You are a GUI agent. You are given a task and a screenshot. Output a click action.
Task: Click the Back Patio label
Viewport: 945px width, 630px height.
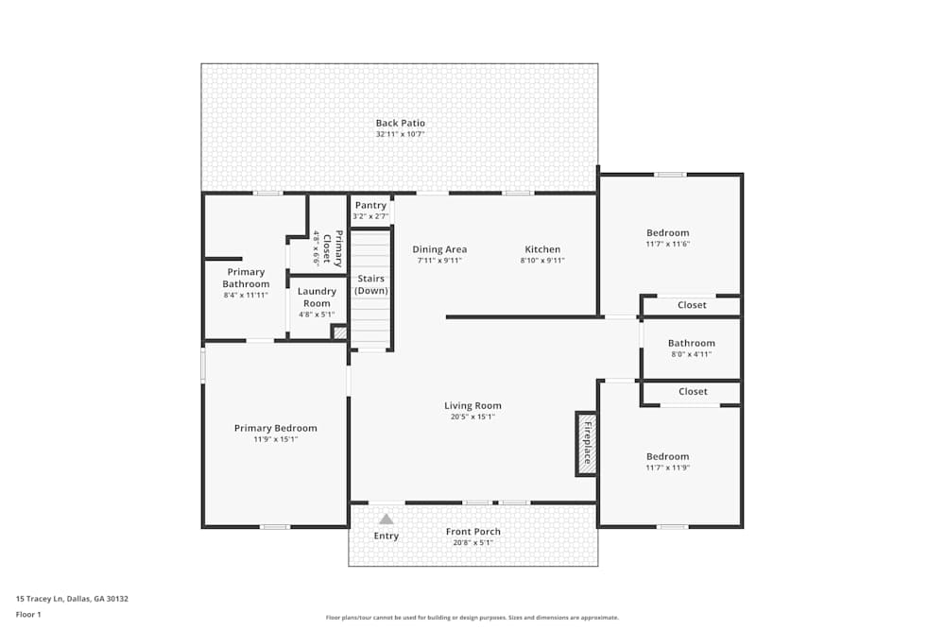point(400,123)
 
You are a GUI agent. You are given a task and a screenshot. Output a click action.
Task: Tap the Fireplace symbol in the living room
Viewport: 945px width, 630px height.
point(586,443)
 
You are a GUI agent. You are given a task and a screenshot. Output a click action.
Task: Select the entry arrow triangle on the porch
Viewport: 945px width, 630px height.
point(386,519)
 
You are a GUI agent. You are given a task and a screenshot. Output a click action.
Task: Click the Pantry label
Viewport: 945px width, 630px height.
point(370,205)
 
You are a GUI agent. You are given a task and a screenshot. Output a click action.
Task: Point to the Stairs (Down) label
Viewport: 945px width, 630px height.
point(370,284)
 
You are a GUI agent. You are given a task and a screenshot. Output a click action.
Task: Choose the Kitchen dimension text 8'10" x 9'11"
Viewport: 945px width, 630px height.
point(543,261)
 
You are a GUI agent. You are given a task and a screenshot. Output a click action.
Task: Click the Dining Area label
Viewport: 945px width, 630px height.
point(439,249)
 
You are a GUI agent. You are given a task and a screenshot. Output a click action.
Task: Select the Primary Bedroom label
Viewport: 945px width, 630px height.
point(276,428)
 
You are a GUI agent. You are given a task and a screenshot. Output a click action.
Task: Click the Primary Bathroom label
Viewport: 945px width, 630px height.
point(246,278)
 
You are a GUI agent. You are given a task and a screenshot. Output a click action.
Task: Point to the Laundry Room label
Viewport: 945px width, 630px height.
point(318,298)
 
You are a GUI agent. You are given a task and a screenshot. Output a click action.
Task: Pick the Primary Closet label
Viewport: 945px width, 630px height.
point(333,248)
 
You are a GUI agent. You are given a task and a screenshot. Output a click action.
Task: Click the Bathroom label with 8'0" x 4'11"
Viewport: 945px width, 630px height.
point(691,343)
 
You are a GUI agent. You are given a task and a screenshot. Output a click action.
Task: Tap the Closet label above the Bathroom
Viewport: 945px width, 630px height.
point(692,305)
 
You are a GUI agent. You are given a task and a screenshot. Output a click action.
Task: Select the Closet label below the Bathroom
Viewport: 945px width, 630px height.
point(693,391)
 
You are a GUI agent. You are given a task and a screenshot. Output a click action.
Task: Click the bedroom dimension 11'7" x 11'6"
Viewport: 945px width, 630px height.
point(667,244)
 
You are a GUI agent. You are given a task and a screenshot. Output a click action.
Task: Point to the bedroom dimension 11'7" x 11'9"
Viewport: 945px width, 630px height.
point(667,468)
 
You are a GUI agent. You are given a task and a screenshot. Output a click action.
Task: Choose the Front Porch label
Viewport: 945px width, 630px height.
point(473,532)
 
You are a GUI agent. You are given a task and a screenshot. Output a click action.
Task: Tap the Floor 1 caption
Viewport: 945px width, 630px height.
point(28,614)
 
